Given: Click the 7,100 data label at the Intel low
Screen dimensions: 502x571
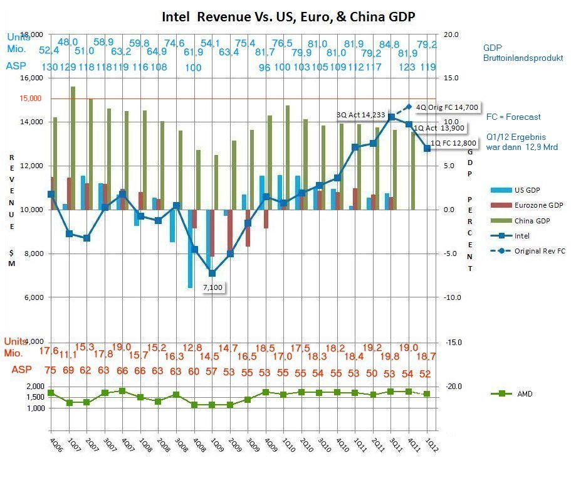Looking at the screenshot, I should click(213, 287).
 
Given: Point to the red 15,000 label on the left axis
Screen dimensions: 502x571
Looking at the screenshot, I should click(30, 99).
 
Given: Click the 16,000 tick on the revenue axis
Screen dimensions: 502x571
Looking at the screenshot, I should click(31, 78).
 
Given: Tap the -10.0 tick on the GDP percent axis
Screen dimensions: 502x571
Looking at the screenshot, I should click(451, 297).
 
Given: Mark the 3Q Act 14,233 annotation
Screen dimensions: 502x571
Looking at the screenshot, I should click(360, 115).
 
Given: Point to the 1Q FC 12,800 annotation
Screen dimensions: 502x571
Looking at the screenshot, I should click(453, 143).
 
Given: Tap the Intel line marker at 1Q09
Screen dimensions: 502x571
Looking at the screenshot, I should click(212, 273).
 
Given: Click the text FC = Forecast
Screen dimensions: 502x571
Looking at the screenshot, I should click(513, 117).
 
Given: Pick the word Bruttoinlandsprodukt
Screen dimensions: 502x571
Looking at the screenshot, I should click(523, 58).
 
